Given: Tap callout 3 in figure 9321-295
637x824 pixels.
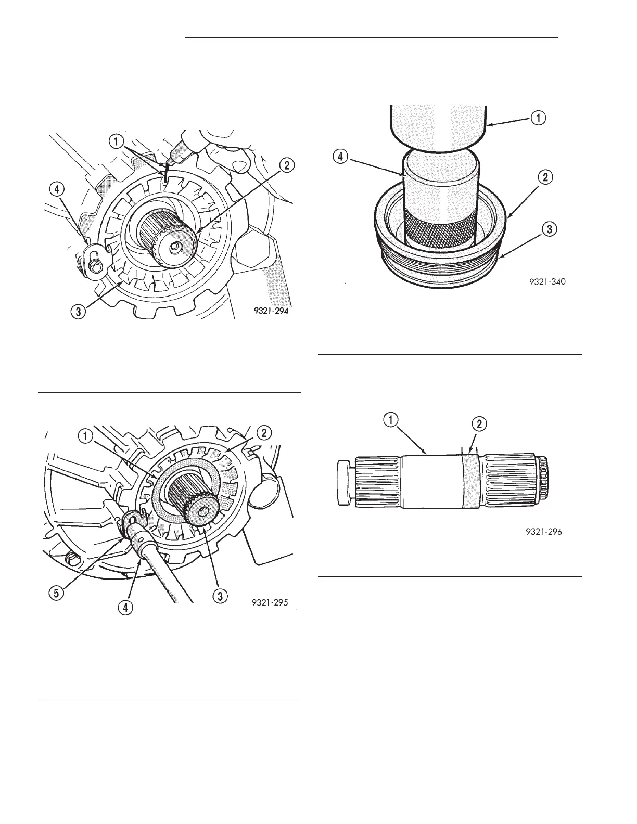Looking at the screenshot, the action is (x=220, y=596).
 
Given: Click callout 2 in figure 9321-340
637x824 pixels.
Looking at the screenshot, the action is (x=545, y=177).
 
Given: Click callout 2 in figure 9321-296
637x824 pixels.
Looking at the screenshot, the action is (x=481, y=424).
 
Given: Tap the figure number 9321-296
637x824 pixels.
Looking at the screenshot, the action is (x=541, y=532).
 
